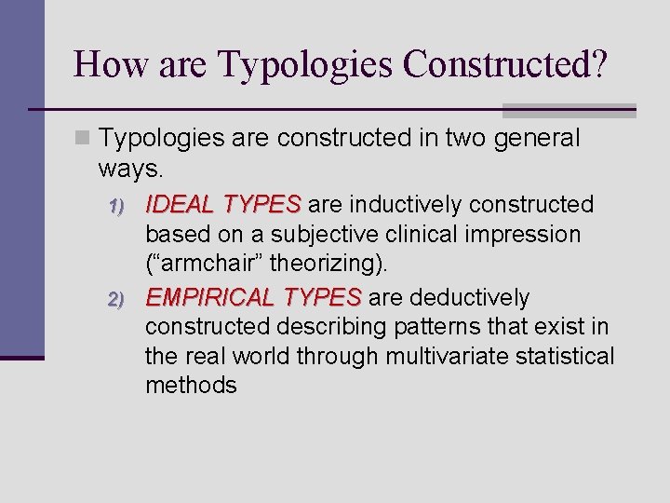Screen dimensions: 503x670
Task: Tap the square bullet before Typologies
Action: (x=84, y=139)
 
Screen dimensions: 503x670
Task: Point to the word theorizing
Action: (x=327, y=264)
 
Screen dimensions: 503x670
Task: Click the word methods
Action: (x=191, y=386)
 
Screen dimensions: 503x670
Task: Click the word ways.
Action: (x=129, y=169)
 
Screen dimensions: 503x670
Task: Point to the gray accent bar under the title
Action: (x=569, y=110)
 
